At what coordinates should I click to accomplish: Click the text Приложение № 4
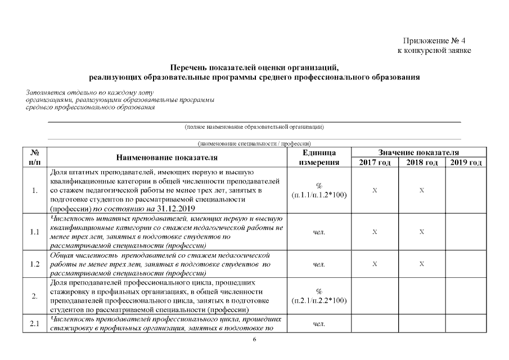click(434, 41)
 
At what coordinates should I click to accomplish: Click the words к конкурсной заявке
click(434, 51)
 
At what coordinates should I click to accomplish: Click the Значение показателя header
click(418, 152)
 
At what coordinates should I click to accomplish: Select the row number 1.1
click(35, 232)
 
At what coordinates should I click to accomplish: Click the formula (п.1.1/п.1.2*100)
click(319, 195)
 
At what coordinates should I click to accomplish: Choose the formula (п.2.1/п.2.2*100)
click(319, 300)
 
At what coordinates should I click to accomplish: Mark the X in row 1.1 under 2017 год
click(375, 232)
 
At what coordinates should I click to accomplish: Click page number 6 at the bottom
click(254, 340)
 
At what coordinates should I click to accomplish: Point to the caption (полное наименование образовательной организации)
click(254, 127)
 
